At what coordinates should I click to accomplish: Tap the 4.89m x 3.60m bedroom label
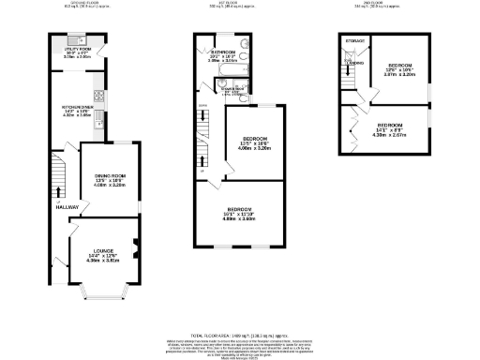click(x=240, y=212)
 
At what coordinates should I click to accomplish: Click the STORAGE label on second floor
click(x=354, y=41)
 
